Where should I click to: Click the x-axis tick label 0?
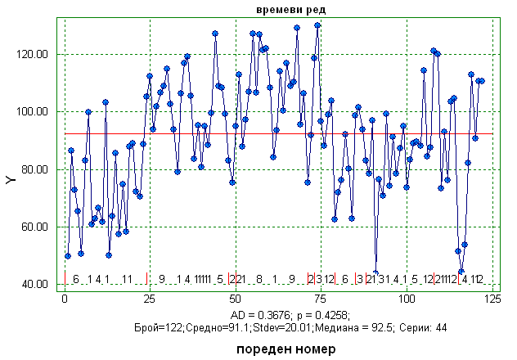(x=65, y=299)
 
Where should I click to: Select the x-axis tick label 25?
(x=150, y=299)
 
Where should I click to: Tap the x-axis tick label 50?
(x=235, y=299)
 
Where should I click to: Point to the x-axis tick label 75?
(x=321, y=299)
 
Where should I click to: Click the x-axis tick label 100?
(x=406, y=299)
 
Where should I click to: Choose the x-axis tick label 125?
(x=492, y=299)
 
